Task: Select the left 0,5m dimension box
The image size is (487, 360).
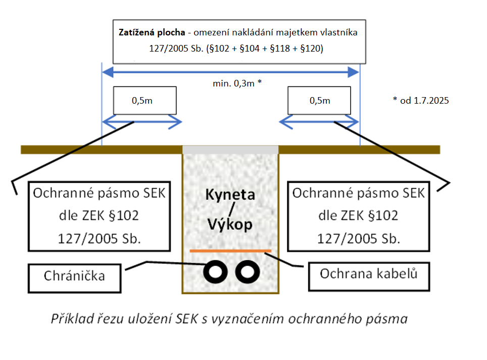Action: [144, 100]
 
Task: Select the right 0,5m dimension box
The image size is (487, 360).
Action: [319, 100]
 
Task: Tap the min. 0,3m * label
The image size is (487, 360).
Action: [237, 83]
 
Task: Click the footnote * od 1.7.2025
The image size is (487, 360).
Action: [420, 100]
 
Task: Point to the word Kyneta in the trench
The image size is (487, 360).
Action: [230, 195]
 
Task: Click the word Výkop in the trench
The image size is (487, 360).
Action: [230, 224]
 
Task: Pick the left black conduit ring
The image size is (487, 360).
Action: [215, 272]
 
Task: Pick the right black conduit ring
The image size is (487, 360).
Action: [247, 272]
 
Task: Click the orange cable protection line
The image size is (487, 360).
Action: [230, 250]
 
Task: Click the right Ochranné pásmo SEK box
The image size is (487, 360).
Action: [359, 216]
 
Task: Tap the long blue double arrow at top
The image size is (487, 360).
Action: [230, 72]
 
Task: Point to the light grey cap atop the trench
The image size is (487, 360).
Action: [230, 150]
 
